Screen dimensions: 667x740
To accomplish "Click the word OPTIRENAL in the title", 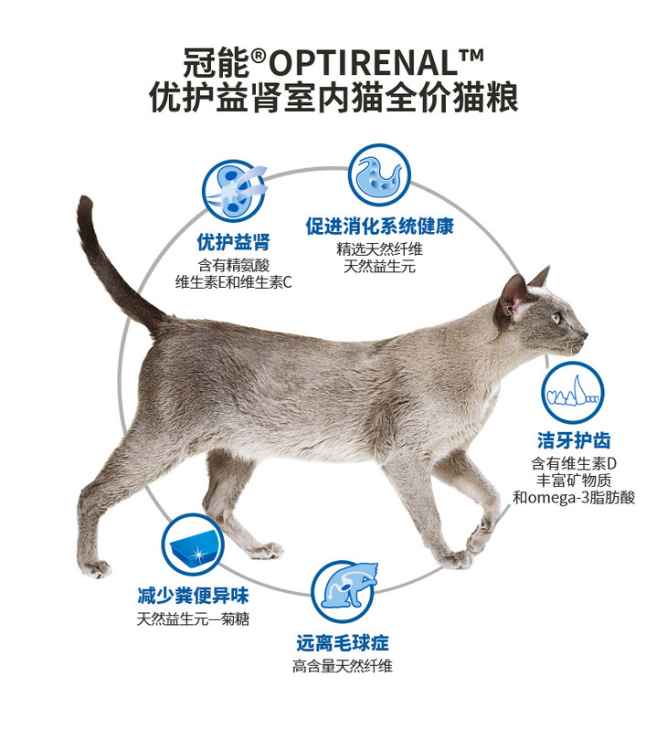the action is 364,63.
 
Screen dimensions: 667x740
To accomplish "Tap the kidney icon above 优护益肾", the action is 234,191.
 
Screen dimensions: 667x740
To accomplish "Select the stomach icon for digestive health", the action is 379,174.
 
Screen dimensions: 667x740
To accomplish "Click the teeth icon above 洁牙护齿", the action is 572,393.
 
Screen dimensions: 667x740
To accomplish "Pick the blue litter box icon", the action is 192,545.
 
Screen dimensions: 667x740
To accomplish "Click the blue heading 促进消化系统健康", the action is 379,226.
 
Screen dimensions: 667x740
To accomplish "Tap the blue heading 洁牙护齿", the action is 574,440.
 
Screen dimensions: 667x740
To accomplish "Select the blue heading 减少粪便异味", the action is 193,596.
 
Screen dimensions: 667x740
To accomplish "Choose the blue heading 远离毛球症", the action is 343,643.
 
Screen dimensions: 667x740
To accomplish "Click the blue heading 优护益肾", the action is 234,243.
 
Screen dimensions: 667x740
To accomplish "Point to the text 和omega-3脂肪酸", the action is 574,498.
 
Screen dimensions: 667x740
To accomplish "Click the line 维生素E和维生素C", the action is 234,282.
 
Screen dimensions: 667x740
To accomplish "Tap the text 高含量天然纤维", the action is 343,666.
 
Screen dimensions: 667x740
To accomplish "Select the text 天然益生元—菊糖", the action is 193,618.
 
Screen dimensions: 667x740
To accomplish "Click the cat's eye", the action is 557,317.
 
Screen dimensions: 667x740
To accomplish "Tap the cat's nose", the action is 585,335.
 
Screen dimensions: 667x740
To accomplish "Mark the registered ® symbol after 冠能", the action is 259,57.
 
